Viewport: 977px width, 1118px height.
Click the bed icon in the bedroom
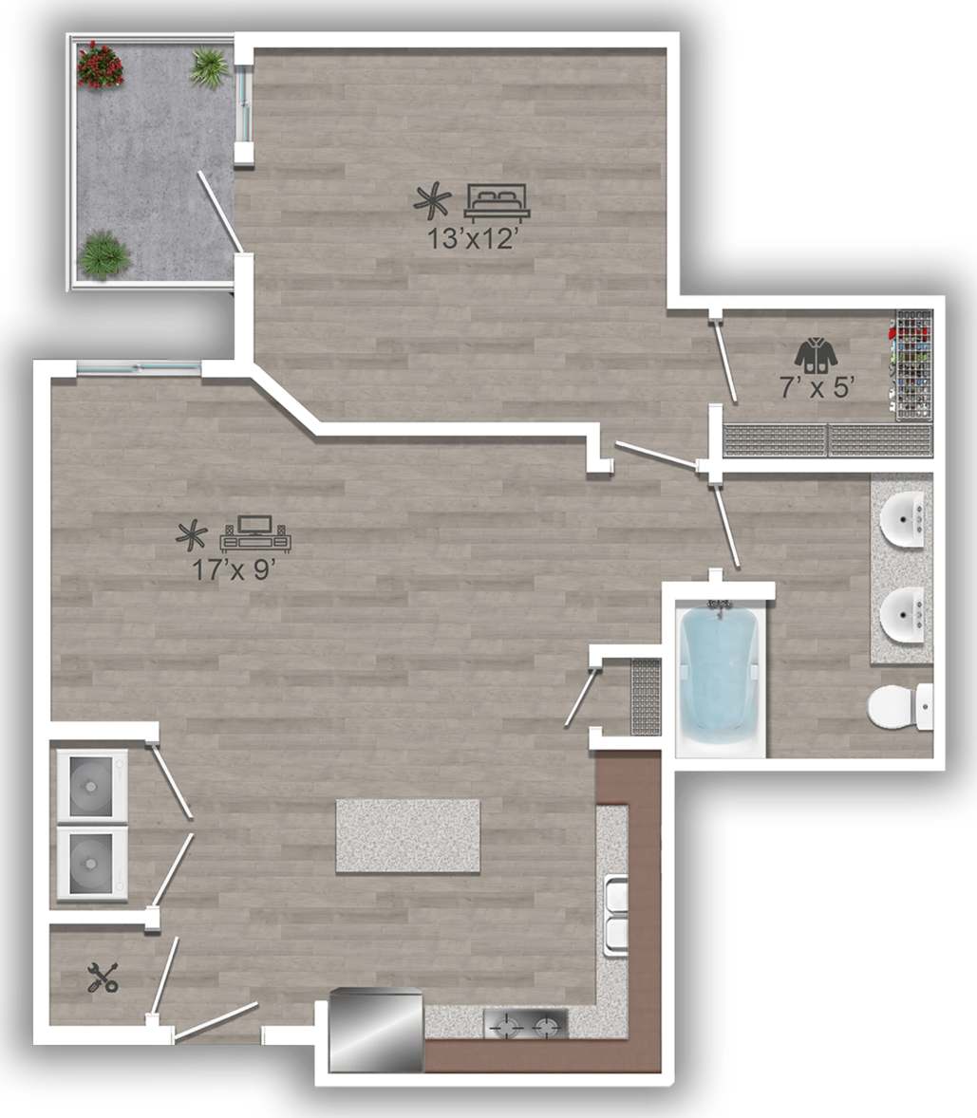(497, 202)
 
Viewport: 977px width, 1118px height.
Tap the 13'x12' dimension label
(471, 238)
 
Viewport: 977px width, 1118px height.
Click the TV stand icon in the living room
(256, 533)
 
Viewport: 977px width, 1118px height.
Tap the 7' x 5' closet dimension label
(818, 386)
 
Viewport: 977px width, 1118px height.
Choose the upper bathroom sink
(902, 520)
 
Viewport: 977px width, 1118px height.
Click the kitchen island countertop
(407, 836)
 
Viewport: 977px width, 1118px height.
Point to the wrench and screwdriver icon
(103, 977)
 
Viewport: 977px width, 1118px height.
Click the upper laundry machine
(92, 785)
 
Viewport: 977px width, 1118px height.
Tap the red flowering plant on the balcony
(100, 65)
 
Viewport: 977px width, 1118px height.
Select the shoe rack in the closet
(914, 363)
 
